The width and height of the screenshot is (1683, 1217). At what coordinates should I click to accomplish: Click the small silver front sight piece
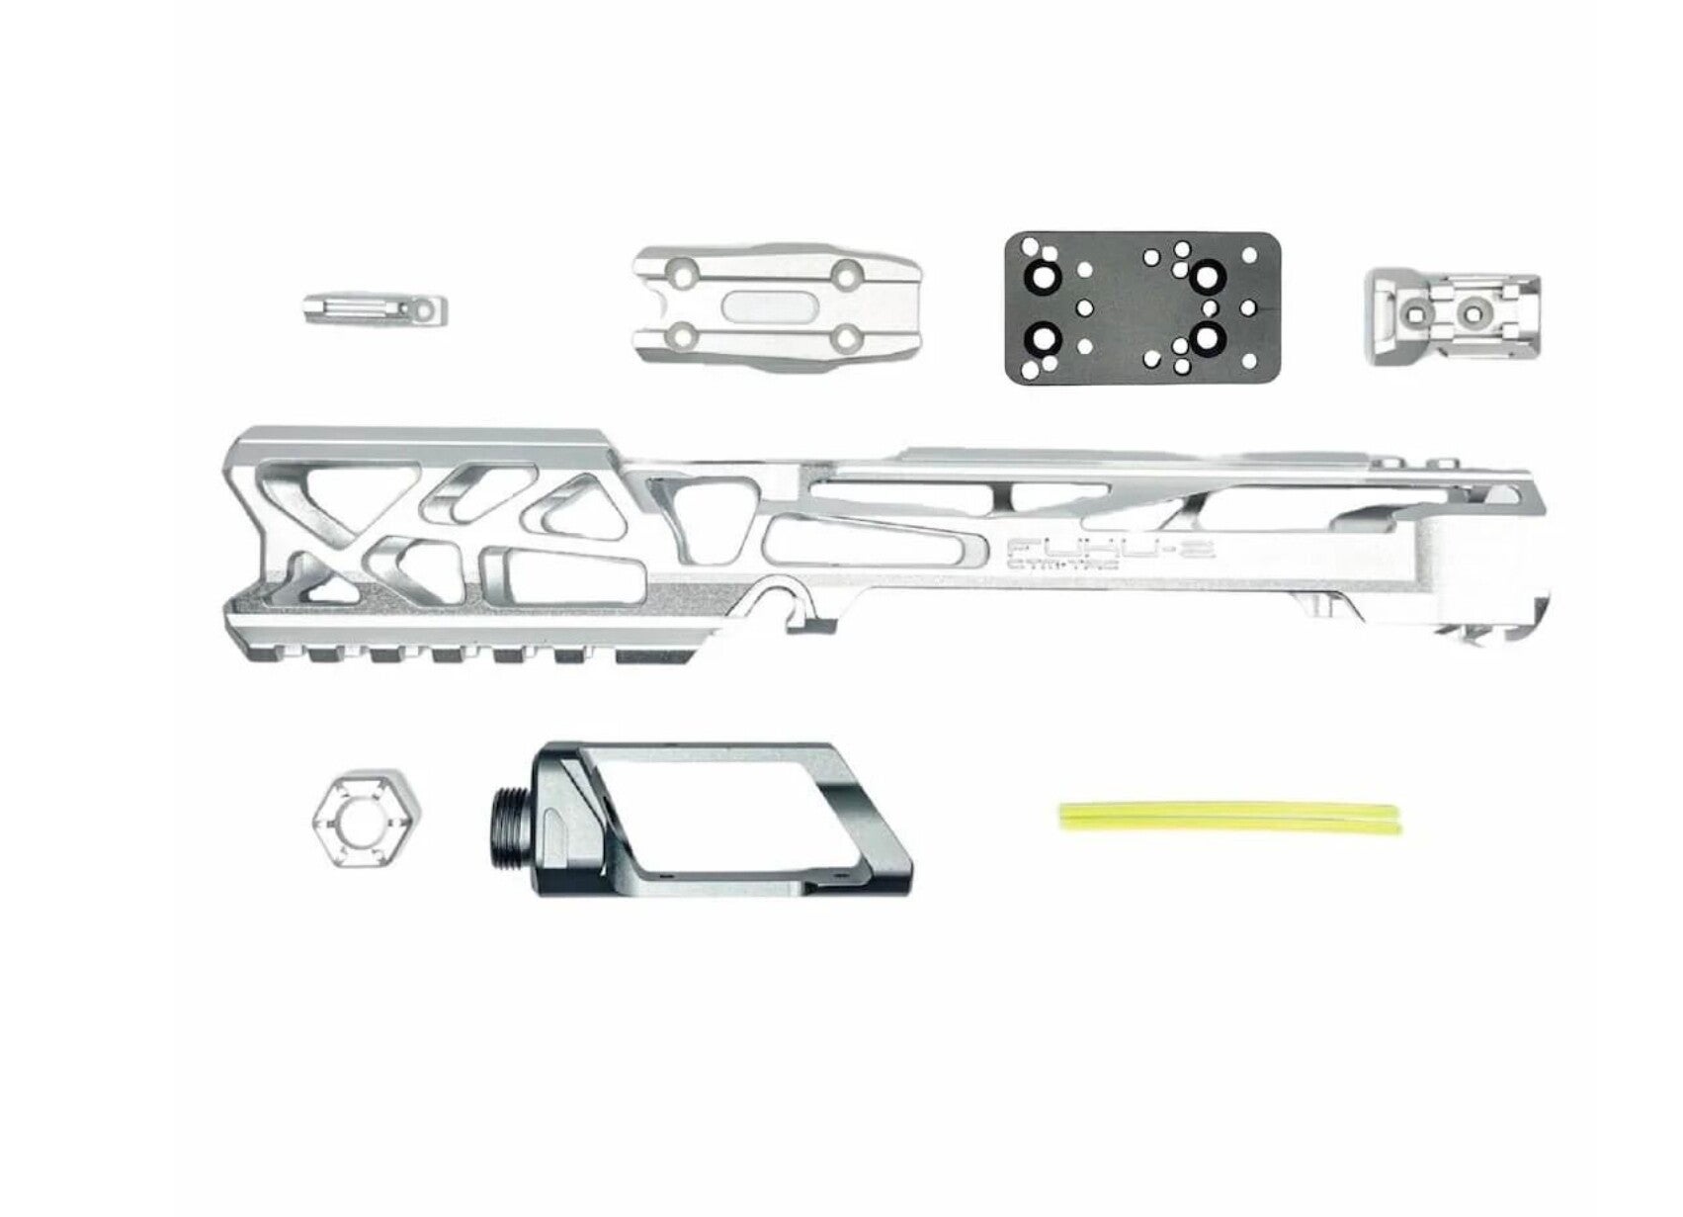376,309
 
